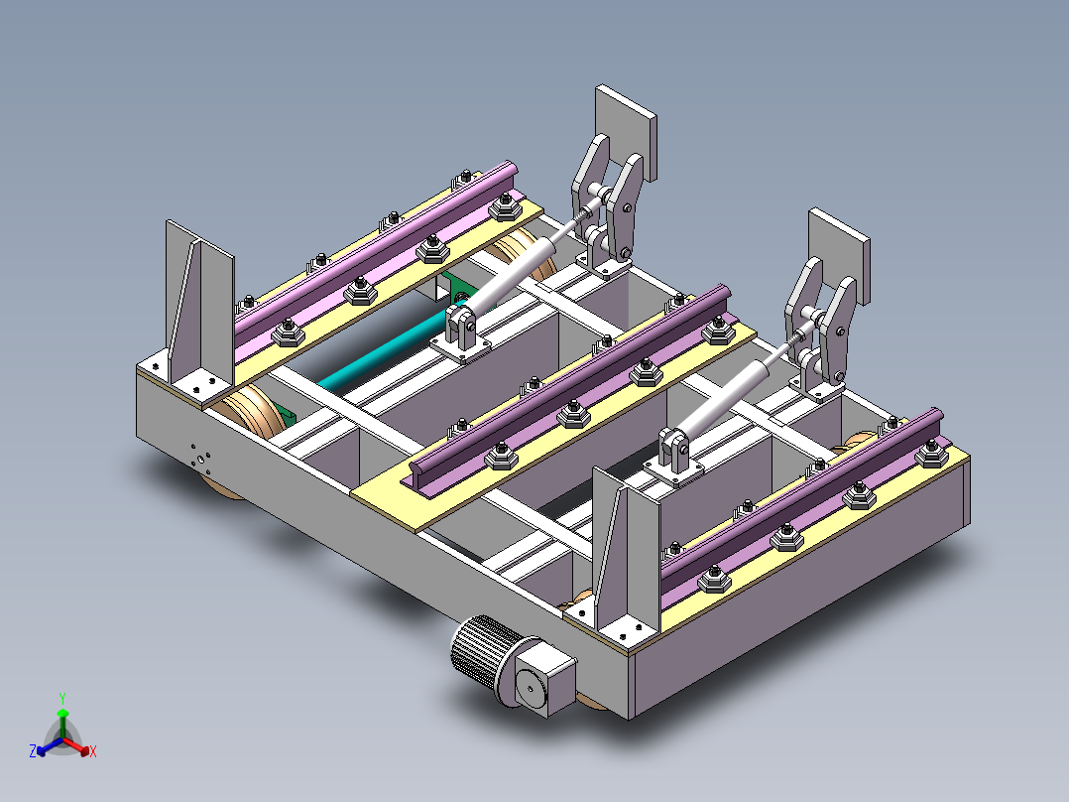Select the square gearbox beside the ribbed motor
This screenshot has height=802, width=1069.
[x=543, y=677]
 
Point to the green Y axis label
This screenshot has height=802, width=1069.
[x=61, y=697]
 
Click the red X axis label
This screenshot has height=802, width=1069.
[x=93, y=751]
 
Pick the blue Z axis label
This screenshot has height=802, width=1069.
[x=33, y=751]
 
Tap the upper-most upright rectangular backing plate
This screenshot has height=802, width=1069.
[x=626, y=129]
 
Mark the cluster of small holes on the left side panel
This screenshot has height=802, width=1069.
[x=201, y=458]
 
